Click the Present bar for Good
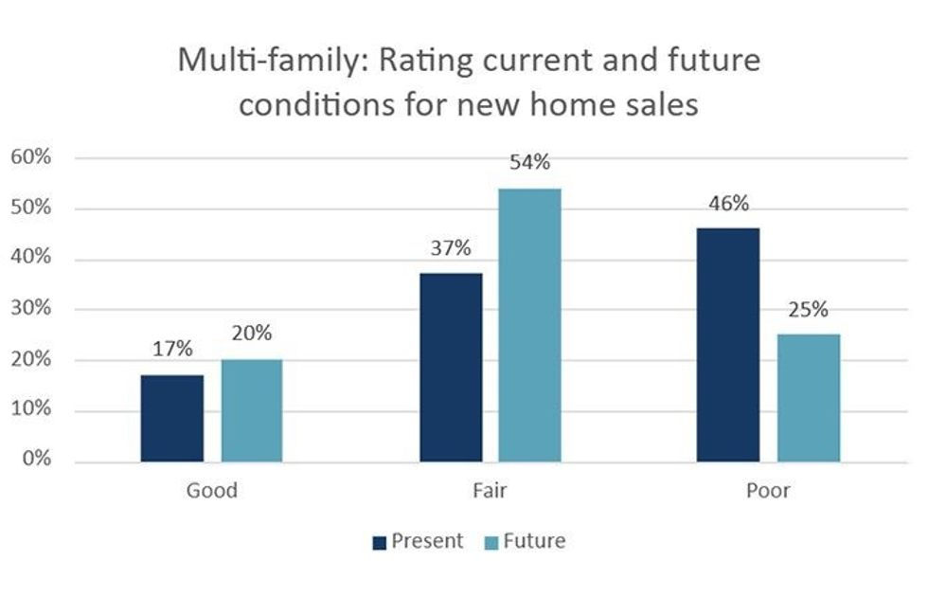tap(171, 418)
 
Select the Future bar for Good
tap(251, 410)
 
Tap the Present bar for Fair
tap(450, 368)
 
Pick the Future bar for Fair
tap(529, 325)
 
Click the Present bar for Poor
tap(727, 345)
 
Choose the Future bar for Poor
tap(808, 398)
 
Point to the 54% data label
tap(529, 162)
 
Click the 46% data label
tap(727, 203)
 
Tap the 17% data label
tap(171, 349)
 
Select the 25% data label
tap(808, 309)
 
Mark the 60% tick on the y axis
tap(30, 157)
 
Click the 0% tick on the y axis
tap(35, 461)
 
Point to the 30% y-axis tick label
tap(30, 310)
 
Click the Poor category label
tap(767, 491)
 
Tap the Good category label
tap(211, 491)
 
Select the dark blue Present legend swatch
tap(380, 542)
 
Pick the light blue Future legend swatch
tap(491, 542)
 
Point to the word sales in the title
tap(661, 104)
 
